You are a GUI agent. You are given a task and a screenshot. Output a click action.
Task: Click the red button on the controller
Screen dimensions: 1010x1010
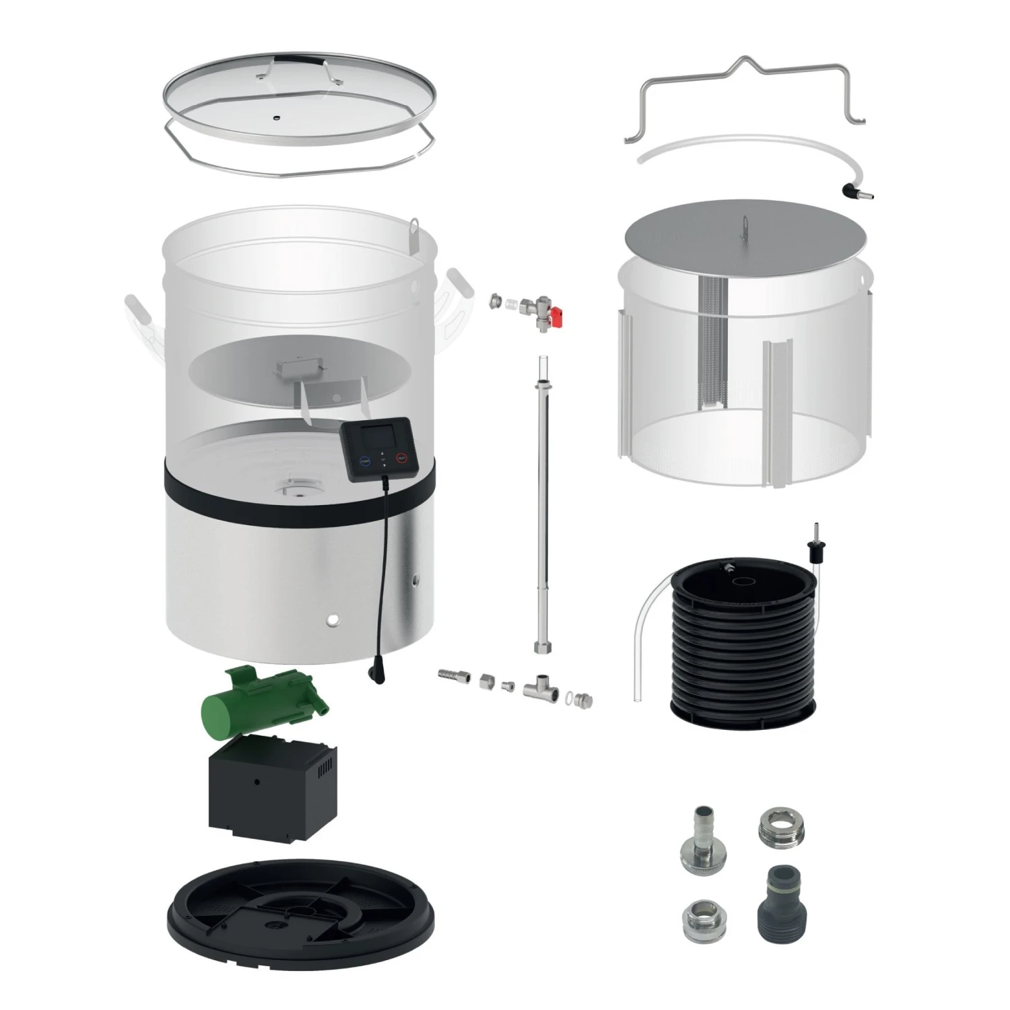pos(401,462)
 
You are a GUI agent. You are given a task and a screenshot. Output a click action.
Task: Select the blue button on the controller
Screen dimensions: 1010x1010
pos(365,463)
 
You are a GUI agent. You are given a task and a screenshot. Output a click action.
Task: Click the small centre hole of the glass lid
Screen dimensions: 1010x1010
pos(275,117)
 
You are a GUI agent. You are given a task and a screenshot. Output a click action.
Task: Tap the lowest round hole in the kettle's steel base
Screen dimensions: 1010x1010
pos(332,618)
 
